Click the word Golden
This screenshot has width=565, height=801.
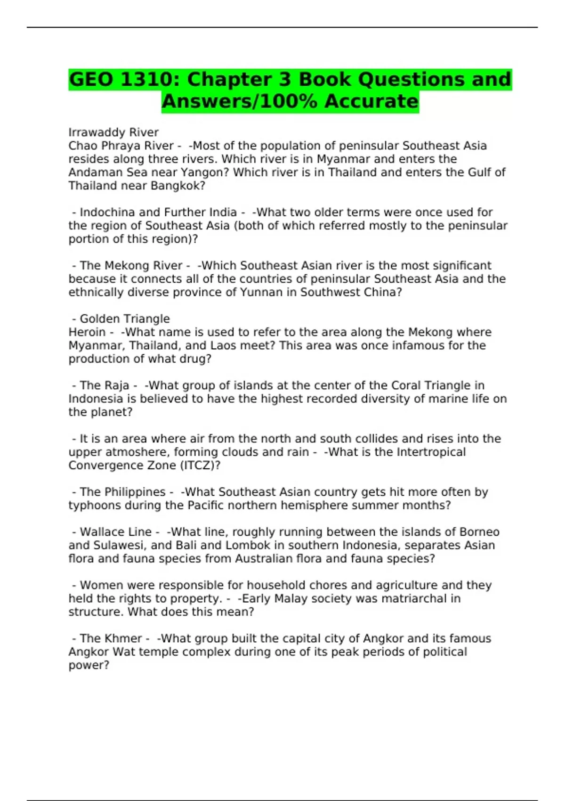tap(101, 319)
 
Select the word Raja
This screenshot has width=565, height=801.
tap(117, 385)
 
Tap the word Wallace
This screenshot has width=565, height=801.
tap(102, 532)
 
